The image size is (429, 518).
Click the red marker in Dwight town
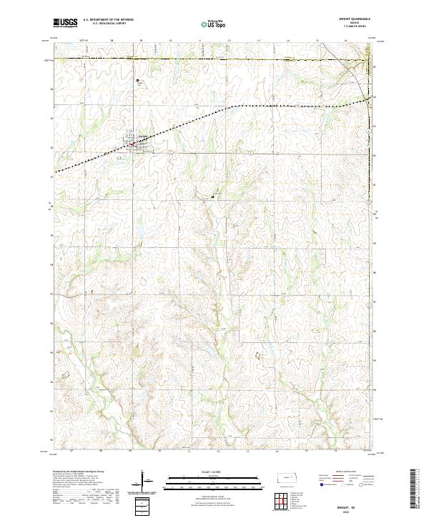click(132, 144)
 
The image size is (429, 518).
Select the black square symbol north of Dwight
click(138, 81)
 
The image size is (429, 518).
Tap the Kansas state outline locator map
click(282, 481)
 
